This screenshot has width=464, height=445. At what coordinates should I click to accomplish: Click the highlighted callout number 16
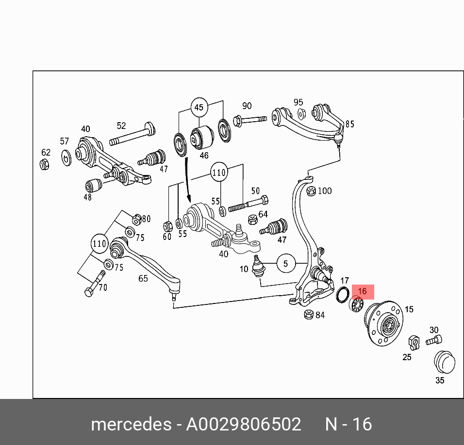362,291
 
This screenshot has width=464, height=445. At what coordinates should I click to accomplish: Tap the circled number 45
199,107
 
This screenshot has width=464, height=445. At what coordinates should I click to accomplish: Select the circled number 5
286,264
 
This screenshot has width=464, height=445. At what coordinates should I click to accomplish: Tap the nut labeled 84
307,315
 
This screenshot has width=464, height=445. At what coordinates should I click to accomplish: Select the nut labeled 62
44,164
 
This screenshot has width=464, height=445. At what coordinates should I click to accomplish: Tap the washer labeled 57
66,156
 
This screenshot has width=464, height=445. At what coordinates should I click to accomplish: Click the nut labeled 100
311,191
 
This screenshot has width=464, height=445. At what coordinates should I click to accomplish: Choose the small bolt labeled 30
433,341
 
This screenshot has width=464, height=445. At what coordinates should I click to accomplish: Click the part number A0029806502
244,424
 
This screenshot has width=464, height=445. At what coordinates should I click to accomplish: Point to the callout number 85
349,124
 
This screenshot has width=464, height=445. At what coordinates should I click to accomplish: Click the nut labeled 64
252,219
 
